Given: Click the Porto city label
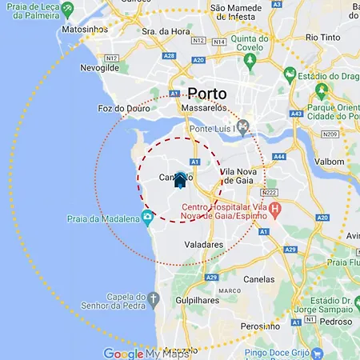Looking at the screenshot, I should [x=207, y=94].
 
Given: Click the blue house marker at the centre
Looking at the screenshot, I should [x=180, y=180].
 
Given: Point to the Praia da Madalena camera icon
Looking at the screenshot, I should [x=147, y=217].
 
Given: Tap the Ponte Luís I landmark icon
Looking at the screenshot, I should [x=245, y=126].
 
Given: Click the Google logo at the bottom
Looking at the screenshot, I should [x=123, y=353].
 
